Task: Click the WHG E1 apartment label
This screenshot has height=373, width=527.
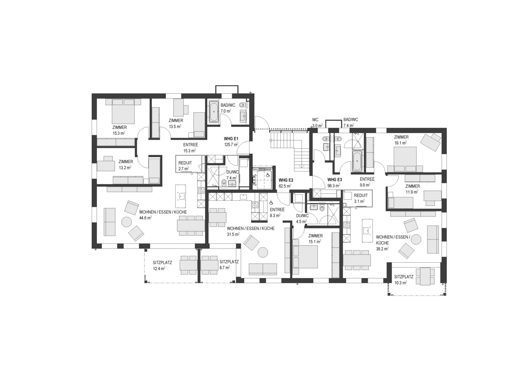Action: pyautogui.click(x=231, y=138)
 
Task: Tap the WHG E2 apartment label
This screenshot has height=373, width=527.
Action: pyautogui.click(x=286, y=180)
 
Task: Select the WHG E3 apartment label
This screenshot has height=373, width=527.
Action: pyautogui.click(x=334, y=180)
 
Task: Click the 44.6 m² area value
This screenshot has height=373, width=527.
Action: pyautogui.click(x=145, y=218)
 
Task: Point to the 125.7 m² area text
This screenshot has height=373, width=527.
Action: pyautogui.click(x=231, y=145)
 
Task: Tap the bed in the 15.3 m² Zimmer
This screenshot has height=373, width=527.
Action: pyautogui.click(x=122, y=111)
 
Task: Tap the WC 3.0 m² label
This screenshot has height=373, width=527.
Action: pyautogui.click(x=316, y=122)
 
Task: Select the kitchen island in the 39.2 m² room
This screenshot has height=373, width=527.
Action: pyautogui.click(x=365, y=231)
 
